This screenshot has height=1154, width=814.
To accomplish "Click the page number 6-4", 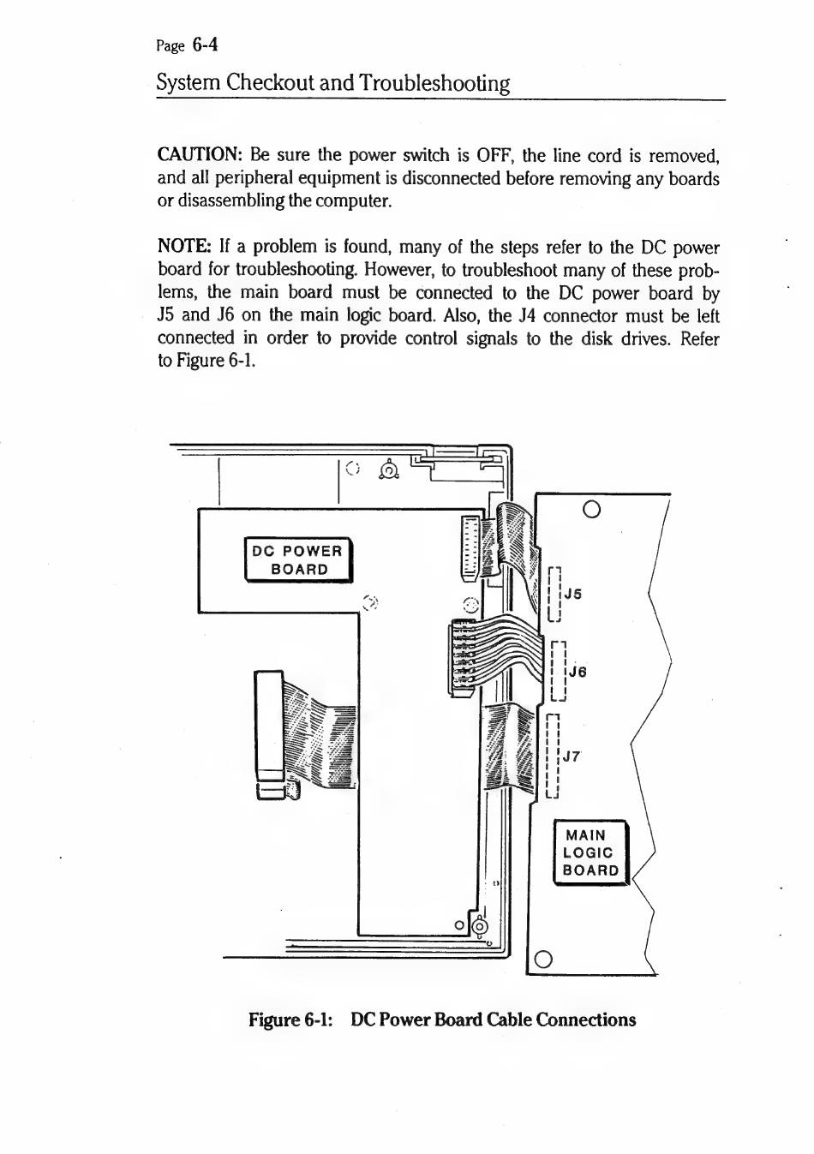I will coord(205,45).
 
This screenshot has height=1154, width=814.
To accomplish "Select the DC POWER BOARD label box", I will coord(298,560).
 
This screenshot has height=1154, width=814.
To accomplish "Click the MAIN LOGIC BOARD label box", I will coord(591,852).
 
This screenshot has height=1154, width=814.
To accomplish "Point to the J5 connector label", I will coord(572,594).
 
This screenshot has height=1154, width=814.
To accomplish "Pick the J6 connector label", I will coord(578,672).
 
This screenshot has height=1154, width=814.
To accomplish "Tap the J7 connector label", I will coord(572,756).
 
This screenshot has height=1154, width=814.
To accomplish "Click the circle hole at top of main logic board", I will coord(590,509).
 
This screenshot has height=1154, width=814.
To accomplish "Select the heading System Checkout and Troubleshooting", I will coord(333,83).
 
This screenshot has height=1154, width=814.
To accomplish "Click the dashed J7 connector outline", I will coord(553,755).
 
